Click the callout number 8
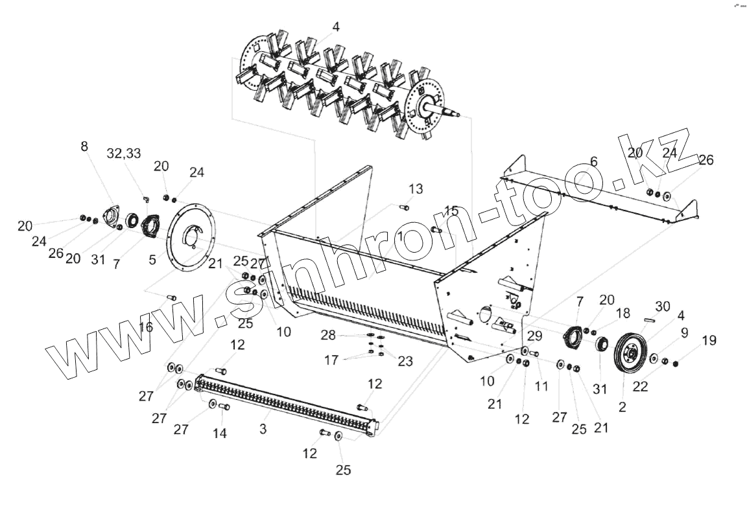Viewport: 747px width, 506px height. pos(84,146)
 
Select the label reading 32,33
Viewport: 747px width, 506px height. pos(124,153)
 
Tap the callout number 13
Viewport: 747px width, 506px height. pos(416,189)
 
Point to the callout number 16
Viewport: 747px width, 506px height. pos(146,327)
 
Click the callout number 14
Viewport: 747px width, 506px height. pos(220,433)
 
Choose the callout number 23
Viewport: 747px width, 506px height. pos(405,362)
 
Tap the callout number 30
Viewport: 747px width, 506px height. pos(662,306)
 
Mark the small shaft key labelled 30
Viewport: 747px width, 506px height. pos(652,317)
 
